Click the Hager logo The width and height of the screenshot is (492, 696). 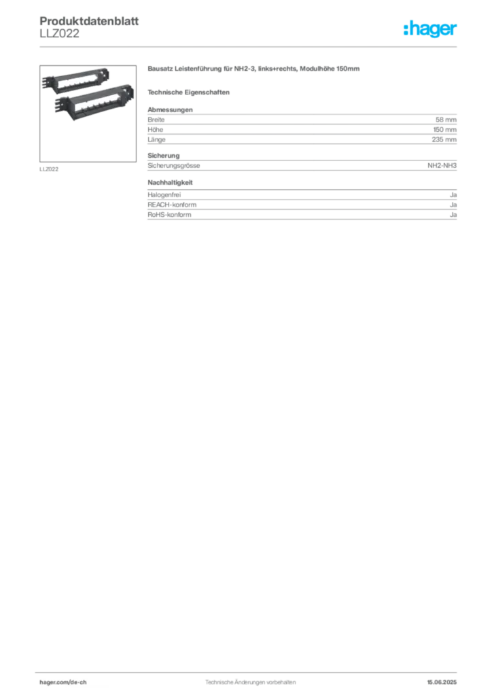tap(429, 29)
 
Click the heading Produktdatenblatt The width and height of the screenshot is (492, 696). tap(89, 21)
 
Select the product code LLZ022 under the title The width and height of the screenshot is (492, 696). tap(59, 33)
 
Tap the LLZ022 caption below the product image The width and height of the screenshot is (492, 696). tap(49, 169)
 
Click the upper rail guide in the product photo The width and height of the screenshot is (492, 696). tap(75, 80)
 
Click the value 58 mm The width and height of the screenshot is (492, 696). tap(446, 120)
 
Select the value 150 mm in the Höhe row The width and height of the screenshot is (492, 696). tap(444, 130)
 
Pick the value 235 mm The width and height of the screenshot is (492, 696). tap(444, 139)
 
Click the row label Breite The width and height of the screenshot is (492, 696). tap(156, 120)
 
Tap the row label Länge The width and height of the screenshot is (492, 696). tap(156, 139)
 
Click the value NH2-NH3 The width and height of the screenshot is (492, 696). tap(442, 165)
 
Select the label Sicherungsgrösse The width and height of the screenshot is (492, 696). tap(174, 166)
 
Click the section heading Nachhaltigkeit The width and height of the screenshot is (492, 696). tap(170, 182)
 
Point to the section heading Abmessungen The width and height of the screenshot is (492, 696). tap(170, 109)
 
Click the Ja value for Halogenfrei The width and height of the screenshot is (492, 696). tap(453, 195)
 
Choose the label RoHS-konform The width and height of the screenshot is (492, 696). tap(169, 214)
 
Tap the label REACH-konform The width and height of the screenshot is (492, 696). tap(172, 205)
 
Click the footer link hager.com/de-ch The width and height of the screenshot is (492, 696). tap(63, 682)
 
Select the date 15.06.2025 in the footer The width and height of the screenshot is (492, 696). tap(442, 682)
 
